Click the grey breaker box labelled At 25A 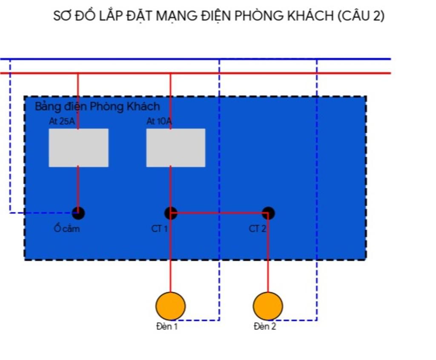pos(78,147)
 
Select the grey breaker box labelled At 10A pos(175,147)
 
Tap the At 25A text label pos(62,121)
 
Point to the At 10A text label pos(159,121)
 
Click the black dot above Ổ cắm pos(78,213)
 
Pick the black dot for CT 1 pos(171,213)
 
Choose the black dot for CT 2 pos(268,213)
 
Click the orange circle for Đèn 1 pos(170,306)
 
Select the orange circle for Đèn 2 pos(268,306)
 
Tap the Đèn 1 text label pos(166,327)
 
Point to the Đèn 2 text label pos(264,327)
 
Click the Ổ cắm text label pos(67,229)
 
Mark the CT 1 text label pos(160,229)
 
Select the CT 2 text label pos(257,229)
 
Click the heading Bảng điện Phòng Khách pos(97,107)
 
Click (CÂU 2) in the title pos(361,16)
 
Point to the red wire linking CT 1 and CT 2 pos(219,212)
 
